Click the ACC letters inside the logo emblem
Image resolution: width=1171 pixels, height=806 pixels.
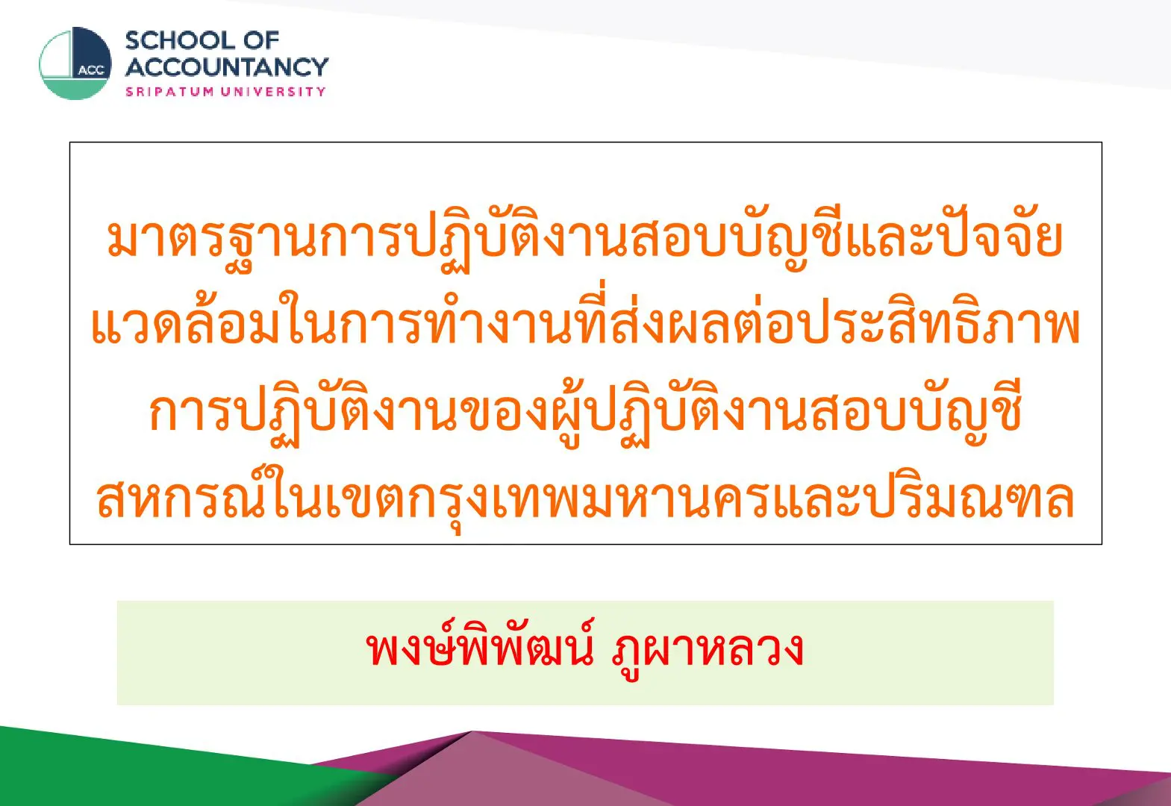[91, 70]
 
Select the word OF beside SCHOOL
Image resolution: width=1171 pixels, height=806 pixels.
[260, 41]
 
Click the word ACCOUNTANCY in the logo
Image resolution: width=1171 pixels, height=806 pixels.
[227, 67]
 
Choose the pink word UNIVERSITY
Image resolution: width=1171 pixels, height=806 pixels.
[273, 92]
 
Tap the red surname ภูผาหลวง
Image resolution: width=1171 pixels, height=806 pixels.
[708, 651]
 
